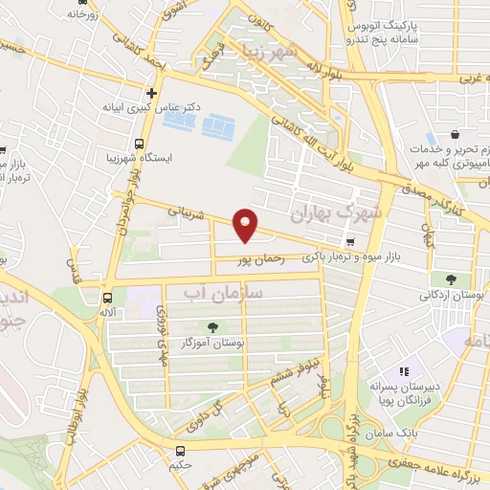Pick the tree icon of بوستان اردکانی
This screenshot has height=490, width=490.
click(x=450, y=279)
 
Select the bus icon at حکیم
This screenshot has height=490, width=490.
click(x=181, y=450)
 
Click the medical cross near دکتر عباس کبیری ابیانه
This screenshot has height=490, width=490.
click(x=151, y=93)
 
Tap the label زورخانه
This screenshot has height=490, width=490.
click(x=83, y=15)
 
